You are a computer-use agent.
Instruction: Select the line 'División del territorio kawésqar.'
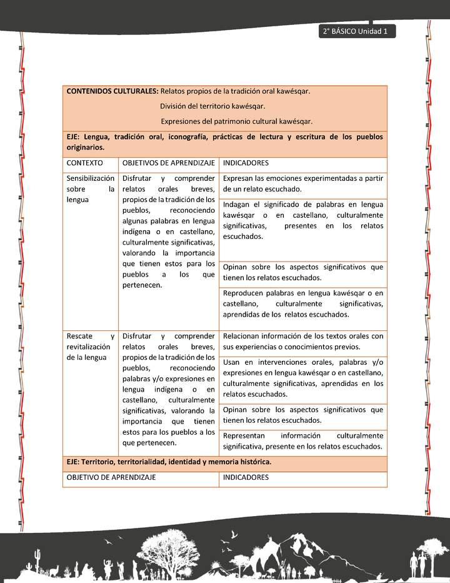[212, 106]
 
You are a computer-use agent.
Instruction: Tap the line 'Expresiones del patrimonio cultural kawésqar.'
[236, 121]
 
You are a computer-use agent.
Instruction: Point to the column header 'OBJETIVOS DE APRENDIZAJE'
[169, 163]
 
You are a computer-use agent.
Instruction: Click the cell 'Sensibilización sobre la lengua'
[90, 189]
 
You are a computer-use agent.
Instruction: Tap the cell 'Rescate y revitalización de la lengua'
[90, 347]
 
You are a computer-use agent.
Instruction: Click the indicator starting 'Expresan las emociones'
[303, 184]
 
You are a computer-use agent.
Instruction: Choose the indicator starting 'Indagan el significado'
[303, 221]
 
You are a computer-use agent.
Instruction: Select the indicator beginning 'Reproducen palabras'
[303, 304]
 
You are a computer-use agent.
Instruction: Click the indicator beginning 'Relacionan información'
[303, 342]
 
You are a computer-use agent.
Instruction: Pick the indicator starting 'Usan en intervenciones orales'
[303, 378]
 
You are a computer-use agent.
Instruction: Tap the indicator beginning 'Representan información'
[303, 441]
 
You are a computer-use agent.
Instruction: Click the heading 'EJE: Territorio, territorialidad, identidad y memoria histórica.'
[169, 462]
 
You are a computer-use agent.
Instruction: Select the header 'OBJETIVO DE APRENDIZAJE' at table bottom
[111, 477]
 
